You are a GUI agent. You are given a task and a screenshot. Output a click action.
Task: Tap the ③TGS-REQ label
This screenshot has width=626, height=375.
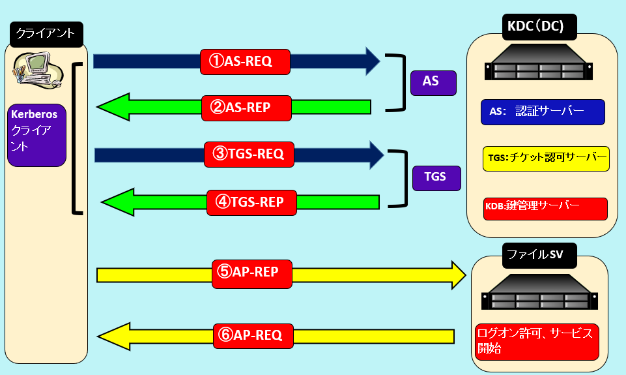pyautogui.click(x=249, y=155)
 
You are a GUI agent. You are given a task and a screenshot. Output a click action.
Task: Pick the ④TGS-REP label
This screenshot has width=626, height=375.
pyautogui.click(x=251, y=202)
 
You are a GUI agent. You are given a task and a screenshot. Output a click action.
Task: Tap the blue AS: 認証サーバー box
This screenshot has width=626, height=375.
pyautogui.click(x=543, y=112)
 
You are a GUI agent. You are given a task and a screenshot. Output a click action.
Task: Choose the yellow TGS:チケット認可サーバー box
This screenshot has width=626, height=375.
pyautogui.click(x=546, y=158)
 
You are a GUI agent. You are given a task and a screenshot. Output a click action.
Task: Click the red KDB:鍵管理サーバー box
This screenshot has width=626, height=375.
pyautogui.click(x=545, y=208)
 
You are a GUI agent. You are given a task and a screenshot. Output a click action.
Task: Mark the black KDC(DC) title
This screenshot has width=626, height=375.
pyautogui.click(x=539, y=27)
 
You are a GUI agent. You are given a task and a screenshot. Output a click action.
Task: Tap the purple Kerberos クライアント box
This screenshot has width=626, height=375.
pyautogui.click(x=38, y=134)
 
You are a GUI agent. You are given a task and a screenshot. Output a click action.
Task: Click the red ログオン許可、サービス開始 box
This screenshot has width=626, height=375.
pyautogui.click(x=537, y=341)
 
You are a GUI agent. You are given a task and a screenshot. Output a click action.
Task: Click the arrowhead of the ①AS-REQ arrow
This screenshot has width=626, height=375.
pyautogui.click(x=373, y=61)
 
